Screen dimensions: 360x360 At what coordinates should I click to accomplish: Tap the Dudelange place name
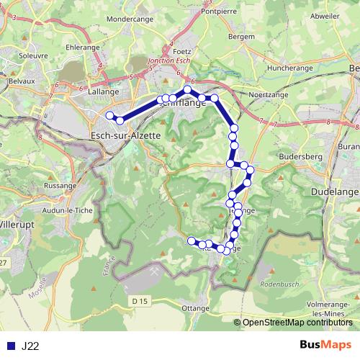(x=335, y=192)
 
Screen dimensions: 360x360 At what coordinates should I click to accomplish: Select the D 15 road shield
(x=140, y=300)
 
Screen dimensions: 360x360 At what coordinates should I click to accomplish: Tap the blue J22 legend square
(x=9, y=346)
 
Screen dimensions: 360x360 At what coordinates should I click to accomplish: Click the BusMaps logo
(x=325, y=345)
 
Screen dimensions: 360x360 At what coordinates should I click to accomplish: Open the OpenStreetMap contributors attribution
(x=297, y=323)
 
